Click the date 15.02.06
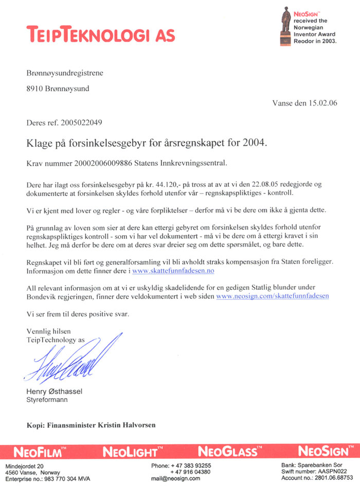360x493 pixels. [x=319, y=103]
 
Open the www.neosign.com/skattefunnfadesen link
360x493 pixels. [x=273, y=296]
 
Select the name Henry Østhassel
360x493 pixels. [x=54, y=392]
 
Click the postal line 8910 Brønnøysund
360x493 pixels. [x=58, y=89]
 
